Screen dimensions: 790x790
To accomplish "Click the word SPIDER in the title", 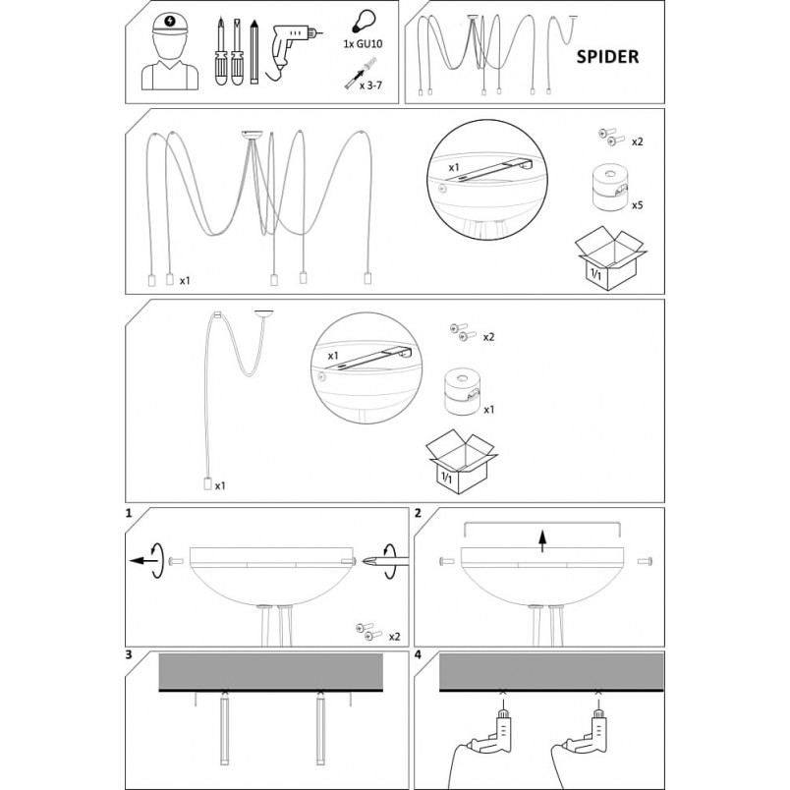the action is (x=607, y=56).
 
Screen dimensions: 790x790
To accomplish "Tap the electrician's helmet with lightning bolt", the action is (x=170, y=24).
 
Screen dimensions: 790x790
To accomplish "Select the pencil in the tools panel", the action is (x=254, y=51).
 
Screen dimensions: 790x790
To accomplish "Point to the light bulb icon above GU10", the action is (x=363, y=23).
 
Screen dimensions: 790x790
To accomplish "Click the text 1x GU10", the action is (x=363, y=44).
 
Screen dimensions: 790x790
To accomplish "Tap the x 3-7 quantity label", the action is (x=370, y=85).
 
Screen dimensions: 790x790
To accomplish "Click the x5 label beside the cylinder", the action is (x=638, y=205).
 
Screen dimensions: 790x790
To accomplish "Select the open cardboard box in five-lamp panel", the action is (x=610, y=257).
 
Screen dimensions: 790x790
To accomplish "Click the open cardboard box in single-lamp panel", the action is (x=461, y=461).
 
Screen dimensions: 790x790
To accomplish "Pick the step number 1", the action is (x=129, y=513).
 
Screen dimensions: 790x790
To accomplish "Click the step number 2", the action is (x=418, y=513).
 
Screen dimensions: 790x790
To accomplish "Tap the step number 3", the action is (x=129, y=654).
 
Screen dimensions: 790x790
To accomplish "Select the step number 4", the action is (x=418, y=654).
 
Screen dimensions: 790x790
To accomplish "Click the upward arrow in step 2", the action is (x=542, y=540).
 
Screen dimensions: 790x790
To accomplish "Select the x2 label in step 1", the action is (x=394, y=637).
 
